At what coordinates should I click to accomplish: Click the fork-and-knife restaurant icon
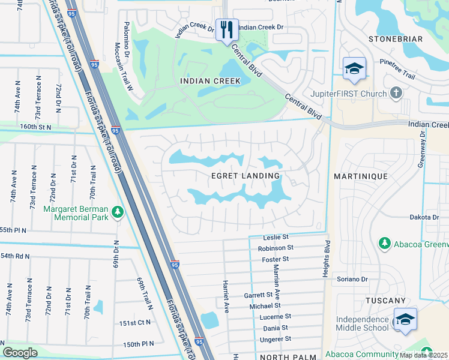(226, 29)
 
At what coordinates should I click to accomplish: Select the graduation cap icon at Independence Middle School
(405, 320)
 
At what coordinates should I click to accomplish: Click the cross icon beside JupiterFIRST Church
(395, 93)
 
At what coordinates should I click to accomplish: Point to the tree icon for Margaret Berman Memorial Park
(118, 212)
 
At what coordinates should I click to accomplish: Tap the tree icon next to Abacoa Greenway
(384, 243)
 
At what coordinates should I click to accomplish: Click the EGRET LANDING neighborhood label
(246, 176)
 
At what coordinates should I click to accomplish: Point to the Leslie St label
(276, 238)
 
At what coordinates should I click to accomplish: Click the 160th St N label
(36, 127)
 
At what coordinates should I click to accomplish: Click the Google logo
(20, 353)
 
